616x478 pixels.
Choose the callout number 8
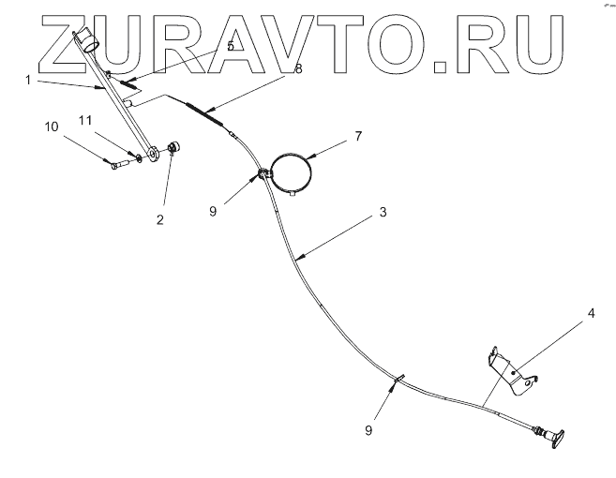click(x=298, y=68)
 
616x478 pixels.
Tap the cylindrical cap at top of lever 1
click(x=87, y=38)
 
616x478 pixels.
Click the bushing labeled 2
click(x=174, y=146)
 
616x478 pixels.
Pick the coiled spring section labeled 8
click(x=203, y=113)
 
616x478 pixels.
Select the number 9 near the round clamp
click(x=213, y=212)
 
